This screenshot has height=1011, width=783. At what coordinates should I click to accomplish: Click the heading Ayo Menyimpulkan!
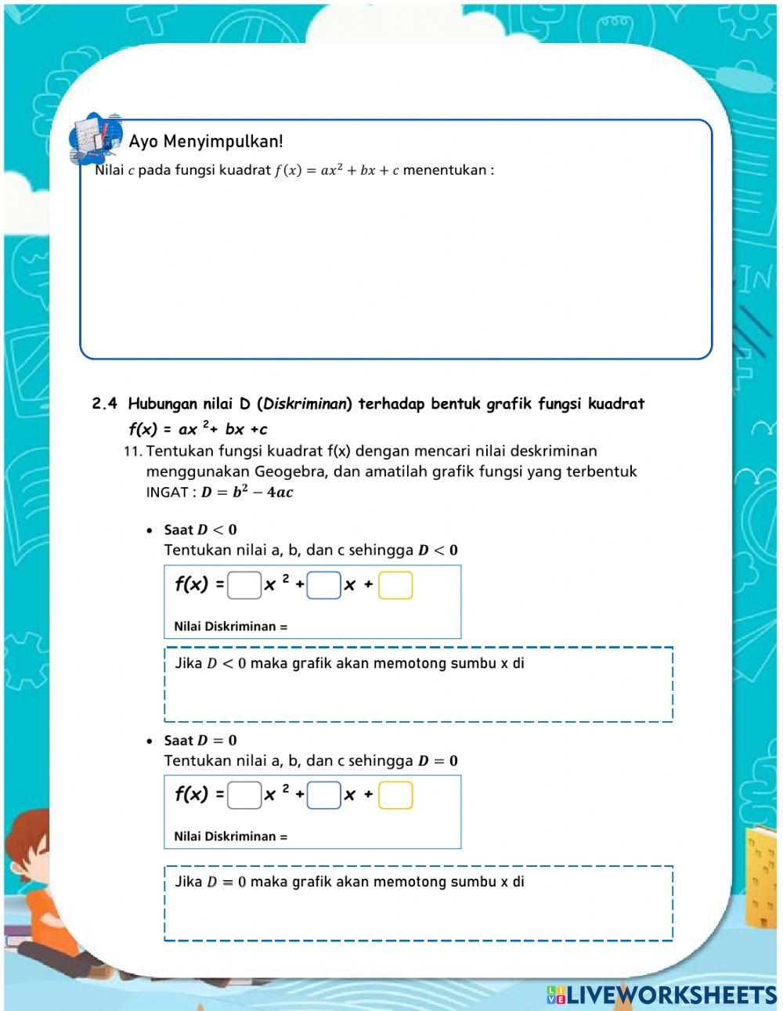click(x=206, y=142)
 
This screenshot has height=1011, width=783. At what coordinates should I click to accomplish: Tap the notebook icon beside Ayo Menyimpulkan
click(x=96, y=139)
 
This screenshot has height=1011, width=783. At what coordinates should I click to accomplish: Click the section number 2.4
click(x=105, y=404)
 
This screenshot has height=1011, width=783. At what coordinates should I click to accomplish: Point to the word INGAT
click(x=167, y=493)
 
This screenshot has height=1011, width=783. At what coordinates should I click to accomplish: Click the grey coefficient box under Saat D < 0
click(x=244, y=585)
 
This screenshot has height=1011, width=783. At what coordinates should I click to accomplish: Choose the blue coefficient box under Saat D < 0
click(x=324, y=585)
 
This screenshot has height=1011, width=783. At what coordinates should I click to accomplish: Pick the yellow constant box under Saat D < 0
click(x=395, y=585)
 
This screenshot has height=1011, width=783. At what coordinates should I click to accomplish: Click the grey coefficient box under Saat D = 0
click(x=244, y=796)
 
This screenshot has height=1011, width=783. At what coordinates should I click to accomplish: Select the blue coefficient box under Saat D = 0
click(x=324, y=796)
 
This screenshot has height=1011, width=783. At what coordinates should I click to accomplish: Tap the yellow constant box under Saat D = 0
click(x=395, y=796)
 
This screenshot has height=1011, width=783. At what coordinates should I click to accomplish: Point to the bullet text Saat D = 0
click(x=200, y=741)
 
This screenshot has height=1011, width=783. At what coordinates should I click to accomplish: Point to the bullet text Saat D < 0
click(x=200, y=530)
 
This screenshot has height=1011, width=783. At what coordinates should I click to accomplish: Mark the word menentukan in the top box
click(x=444, y=171)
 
